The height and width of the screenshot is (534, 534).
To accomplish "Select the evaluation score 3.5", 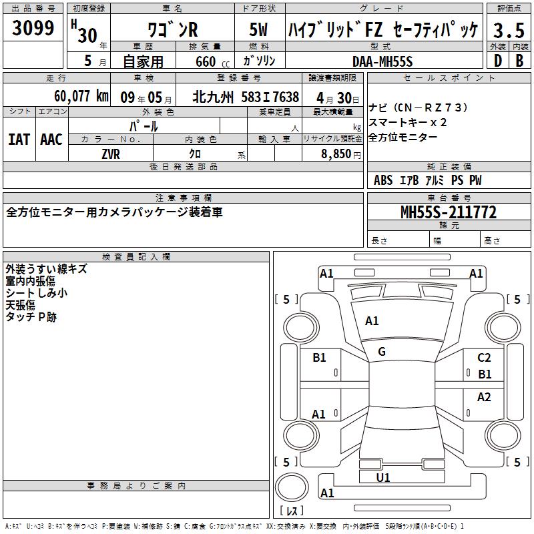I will (509, 31).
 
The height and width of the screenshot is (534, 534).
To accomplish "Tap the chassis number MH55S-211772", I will (449, 213).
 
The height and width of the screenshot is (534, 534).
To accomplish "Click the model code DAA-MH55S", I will (383, 61).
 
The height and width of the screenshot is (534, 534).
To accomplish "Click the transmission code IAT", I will (19, 140).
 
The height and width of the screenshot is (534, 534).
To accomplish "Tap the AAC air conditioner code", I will (51, 140).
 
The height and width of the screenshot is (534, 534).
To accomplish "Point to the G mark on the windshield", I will (382, 352).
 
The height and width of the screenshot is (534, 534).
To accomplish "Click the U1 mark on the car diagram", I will (383, 477).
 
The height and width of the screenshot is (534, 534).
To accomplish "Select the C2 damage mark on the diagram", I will (484, 358).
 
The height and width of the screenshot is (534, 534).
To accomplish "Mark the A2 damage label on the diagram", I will (484, 397).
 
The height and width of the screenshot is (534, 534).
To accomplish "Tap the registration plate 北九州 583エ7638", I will (245, 96).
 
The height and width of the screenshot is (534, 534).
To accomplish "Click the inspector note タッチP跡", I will (31, 316).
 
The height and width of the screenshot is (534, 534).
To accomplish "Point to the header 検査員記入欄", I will (136, 257).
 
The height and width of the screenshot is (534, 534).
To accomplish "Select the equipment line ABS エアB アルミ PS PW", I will (427, 180).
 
